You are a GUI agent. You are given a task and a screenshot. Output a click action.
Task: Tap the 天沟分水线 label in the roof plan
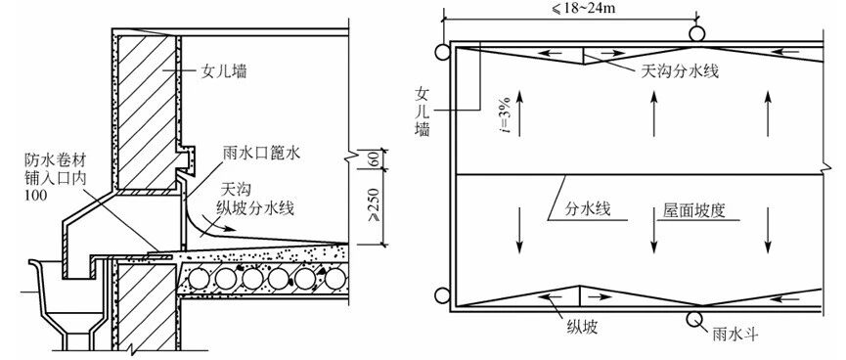click(680, 70)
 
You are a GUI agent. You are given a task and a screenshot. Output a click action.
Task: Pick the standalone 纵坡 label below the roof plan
click(582, 327)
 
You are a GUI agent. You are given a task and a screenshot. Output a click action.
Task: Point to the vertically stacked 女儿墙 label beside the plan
click(422, 112)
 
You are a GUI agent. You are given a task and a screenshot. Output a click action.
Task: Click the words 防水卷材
click(55, 159)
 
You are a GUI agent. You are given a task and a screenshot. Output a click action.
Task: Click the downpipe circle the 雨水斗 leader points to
click(696, 319)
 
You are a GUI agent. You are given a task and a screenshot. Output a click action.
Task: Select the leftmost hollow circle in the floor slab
click(199, 279)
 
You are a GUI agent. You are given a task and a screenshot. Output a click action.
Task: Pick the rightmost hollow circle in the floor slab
click(334, 279)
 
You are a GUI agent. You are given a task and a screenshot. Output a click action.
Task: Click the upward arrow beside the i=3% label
click(519, 113)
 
